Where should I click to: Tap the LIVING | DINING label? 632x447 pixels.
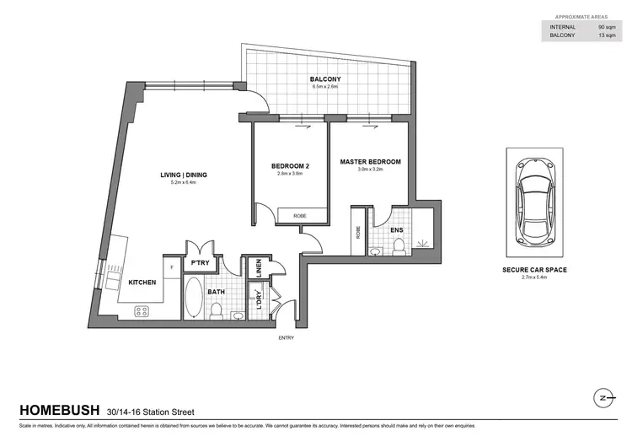click(184, 175)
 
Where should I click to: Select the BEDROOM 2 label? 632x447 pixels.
click(289, 165)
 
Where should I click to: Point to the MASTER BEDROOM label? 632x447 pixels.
click(370, 161)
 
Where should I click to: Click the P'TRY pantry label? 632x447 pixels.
click(200, 263)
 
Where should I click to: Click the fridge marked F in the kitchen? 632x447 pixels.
click(171, 267)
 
